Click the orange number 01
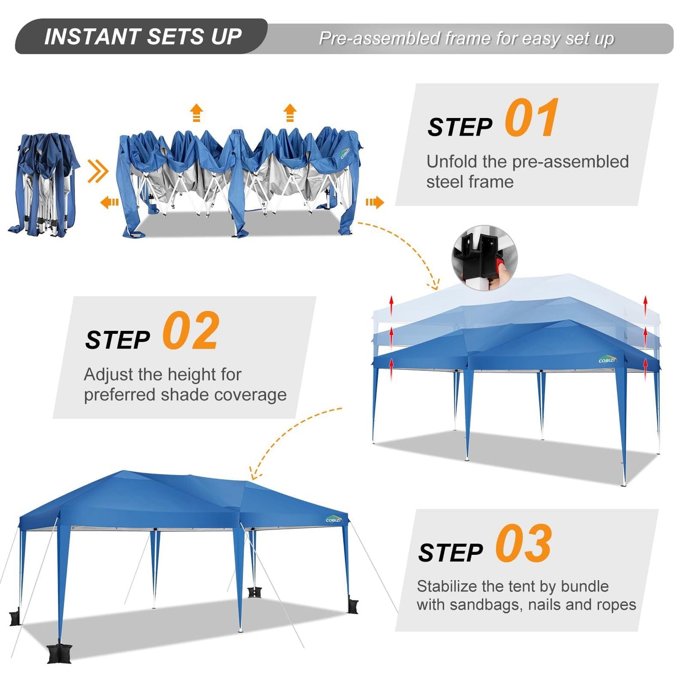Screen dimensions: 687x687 [531, 118]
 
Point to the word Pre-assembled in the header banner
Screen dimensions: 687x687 [379, 39]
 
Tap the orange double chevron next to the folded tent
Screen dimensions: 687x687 [98, 171]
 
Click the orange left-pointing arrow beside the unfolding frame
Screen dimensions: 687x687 [109, 203]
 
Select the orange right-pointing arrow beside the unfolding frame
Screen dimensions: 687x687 [374, 203]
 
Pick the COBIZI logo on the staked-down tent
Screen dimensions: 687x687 [334, 519]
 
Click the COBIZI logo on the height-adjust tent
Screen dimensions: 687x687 [607, 360]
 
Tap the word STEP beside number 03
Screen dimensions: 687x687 [450, 553]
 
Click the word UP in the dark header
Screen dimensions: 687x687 [226, 37]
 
